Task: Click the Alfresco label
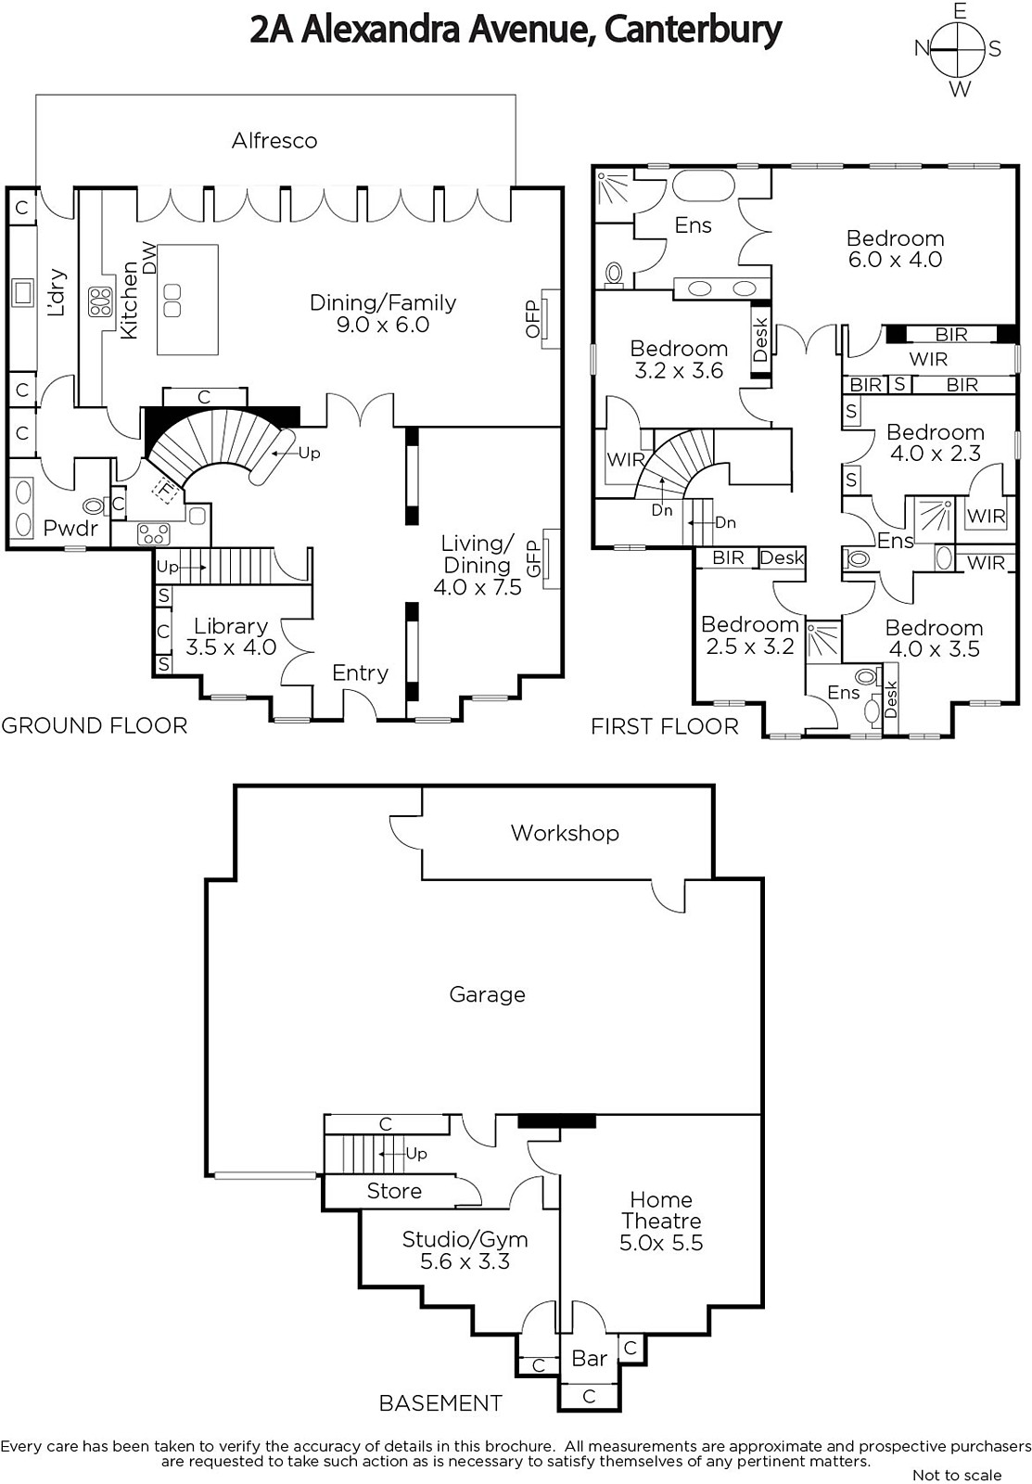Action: tap(274, 140)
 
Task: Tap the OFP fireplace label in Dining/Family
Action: tap(533, 319)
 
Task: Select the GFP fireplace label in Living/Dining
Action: tap(533, 558)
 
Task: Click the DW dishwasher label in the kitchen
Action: tap(150, 258)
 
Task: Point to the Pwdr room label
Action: tap(70, 528)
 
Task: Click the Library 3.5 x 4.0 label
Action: tap(231, 636)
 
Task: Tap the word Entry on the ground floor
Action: tap(360, 673)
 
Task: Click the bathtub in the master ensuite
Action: tap(704, 186)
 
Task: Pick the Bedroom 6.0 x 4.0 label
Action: tap(895, 249)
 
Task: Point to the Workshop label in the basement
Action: tap(565, 833)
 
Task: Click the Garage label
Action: tap(487, 994)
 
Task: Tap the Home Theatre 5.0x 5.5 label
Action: tap(661, 1221)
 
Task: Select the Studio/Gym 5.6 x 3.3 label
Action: tap(465, 1249)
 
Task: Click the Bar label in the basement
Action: tap(589, 1359)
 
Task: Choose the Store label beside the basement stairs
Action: tap(394, 1191)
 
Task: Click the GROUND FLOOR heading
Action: tap(95, 726)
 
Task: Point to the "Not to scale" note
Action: tap(957, 1475)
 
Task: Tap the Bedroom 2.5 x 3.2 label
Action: tap(750, 634)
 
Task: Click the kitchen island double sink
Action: tap(172, 301)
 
